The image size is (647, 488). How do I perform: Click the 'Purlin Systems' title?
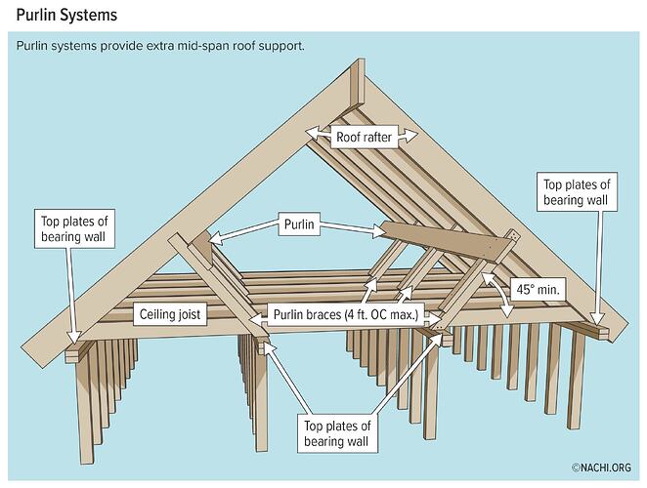66,16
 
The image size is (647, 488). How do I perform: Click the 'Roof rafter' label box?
364,137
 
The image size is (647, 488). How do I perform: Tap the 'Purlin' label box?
299,224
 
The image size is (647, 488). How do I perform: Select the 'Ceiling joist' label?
170,314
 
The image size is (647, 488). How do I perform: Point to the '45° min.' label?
539,289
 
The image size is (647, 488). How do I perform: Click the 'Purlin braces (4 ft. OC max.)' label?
346,315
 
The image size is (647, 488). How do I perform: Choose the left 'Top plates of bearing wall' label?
74,228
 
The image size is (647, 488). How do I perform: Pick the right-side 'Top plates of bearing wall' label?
577,192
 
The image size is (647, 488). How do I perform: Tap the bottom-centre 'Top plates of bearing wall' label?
337,433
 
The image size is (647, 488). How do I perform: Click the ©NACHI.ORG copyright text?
601,468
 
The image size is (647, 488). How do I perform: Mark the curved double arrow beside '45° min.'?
498,295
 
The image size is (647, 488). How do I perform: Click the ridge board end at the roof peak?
358,85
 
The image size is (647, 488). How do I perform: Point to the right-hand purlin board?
448,240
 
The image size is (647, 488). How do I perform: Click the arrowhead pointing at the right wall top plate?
597,318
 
